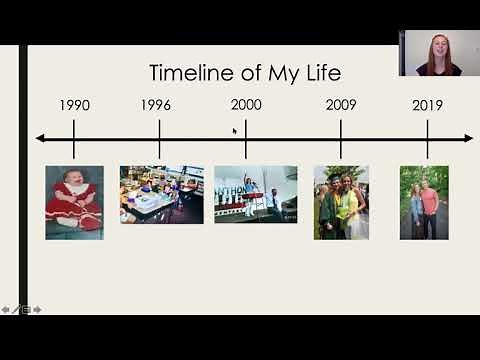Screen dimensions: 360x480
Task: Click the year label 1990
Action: (x=74, y=105)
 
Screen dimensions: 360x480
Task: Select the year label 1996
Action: (x=155, y=105)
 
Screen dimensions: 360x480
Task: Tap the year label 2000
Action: (x=246, y=105)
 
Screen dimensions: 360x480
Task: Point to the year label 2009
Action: (x=341, y=105)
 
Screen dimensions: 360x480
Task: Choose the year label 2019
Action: (x=428, y=105)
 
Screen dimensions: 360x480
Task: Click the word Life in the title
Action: (x=322, y=73)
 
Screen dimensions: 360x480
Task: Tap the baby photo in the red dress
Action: (x=74, y=202)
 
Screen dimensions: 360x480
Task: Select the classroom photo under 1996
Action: (x=161, y=194)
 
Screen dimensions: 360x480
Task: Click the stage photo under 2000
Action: (x=255, y=194)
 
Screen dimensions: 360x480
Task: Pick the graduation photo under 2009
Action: (x=341, y=202)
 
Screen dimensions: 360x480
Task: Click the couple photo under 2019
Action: (x=424, y=202)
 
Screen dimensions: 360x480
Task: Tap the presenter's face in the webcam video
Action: (x=439, y=48)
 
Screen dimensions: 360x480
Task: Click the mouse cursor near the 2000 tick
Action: (x=235, y=130)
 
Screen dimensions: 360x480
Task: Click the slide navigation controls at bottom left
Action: (x=20, y=310)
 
